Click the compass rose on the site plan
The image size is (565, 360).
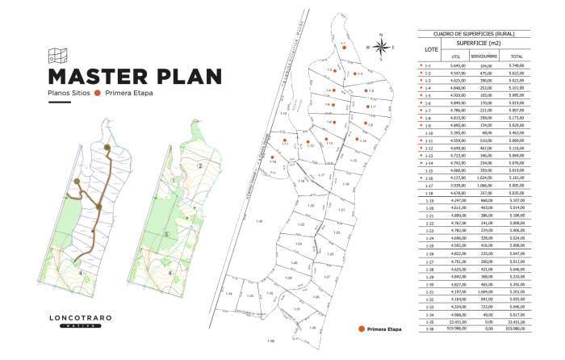point(381,46)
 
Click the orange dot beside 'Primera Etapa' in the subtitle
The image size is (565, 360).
point(98,94)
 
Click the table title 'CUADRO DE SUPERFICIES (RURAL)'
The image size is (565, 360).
point(474,34)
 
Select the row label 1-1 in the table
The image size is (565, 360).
point(429,65)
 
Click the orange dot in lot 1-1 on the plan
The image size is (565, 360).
point(344,48)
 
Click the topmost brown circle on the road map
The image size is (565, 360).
point(107,147)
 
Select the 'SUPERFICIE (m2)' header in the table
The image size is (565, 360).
point(474,42)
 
